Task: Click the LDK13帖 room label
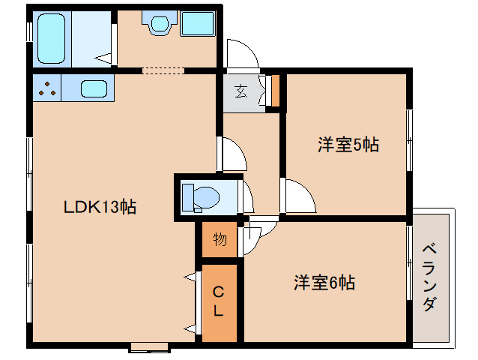point(99,208)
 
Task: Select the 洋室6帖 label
point(324,283)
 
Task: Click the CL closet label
point(218,300)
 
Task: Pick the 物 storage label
point(220,239)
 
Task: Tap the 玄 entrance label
point(241,92)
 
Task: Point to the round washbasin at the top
point(159,25)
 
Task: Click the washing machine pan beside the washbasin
point(198,25)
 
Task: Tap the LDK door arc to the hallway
point(233,154)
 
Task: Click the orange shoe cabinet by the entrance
point(275,89)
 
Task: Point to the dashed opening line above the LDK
point(163,71)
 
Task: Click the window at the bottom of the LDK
point(148,347)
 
